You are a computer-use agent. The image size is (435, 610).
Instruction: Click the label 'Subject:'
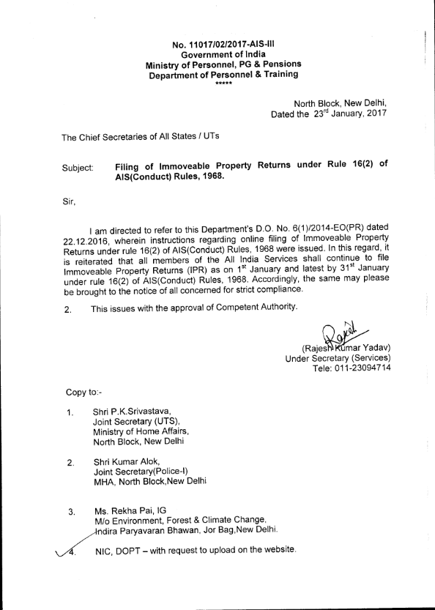tap(78, 168)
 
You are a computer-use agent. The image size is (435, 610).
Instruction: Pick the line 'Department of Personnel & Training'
tap(224, 75)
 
